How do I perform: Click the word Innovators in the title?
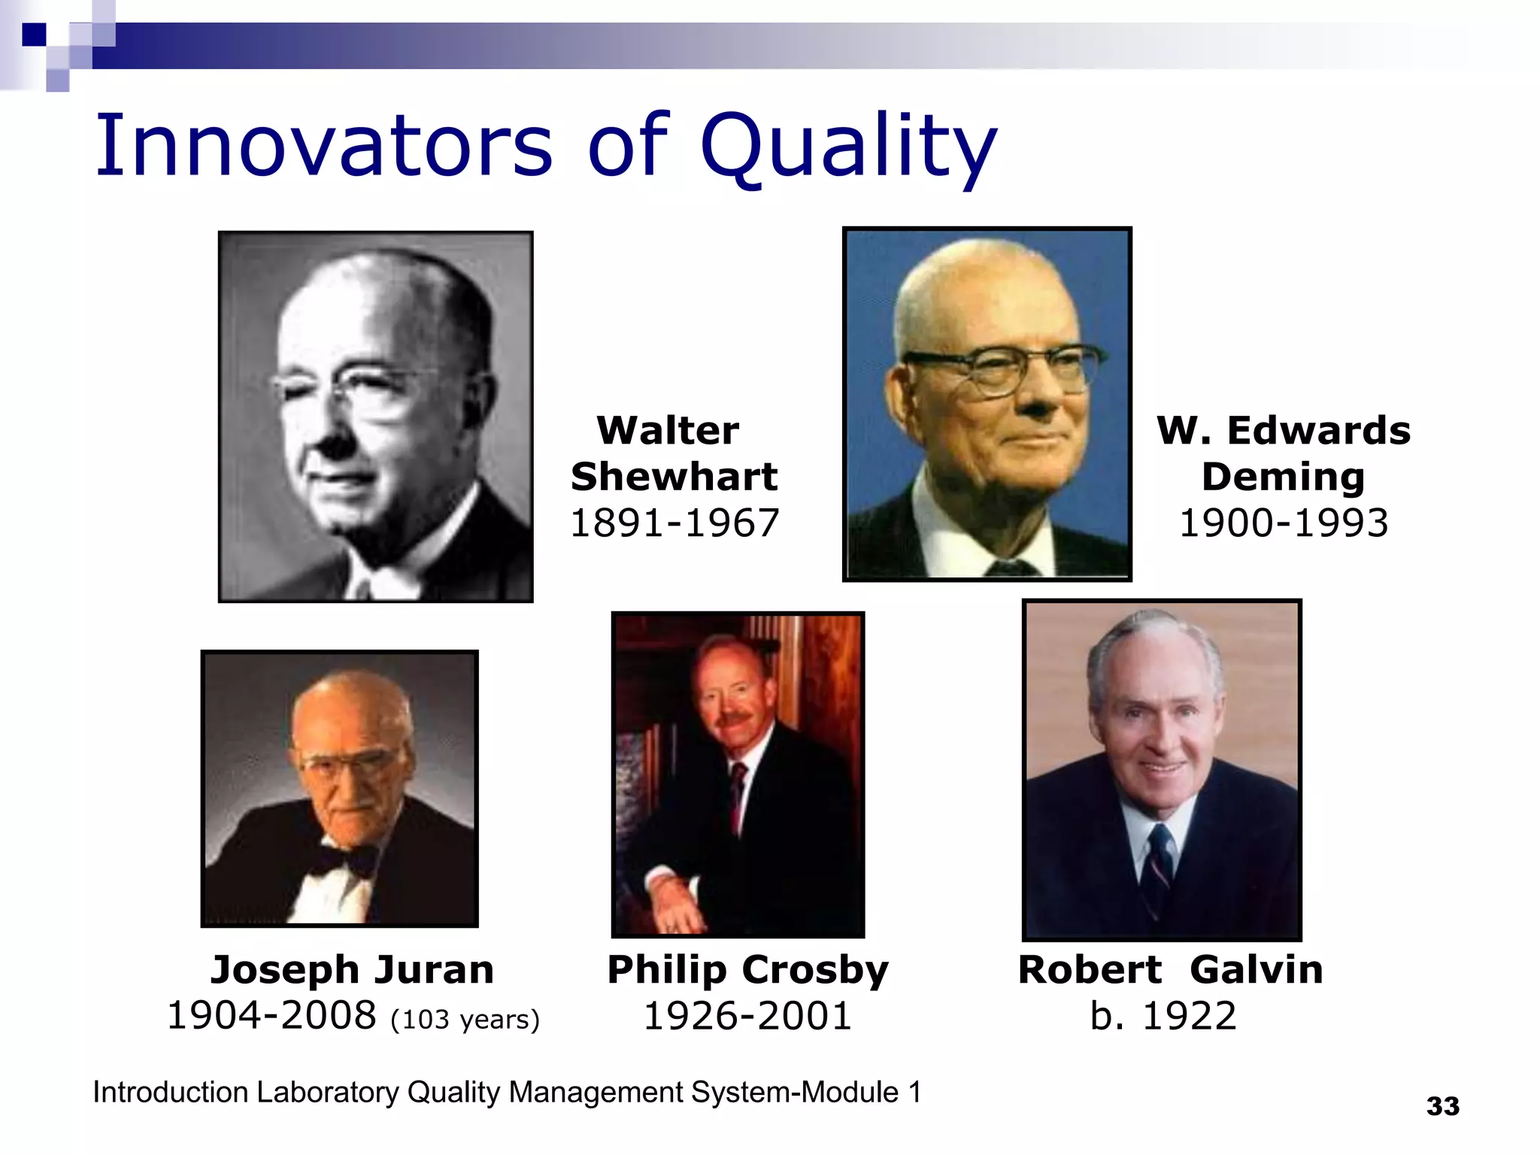tap(323, 144)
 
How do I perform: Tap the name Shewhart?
tap(674, 477)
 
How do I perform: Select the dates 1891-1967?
tap(674, 523)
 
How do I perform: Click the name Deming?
tap(1283, 477)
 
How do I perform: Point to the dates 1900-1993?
tap(1283, 523)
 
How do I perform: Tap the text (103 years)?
tap(465, 1020)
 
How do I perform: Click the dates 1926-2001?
tap(747, 1016)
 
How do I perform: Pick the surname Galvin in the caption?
tap(1256, 969)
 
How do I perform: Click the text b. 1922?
tap(1163, 1016)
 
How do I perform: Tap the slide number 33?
tap(1442, 1106)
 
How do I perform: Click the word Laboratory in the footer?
tap(327, 1092)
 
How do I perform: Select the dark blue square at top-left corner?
tap(34, 34)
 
